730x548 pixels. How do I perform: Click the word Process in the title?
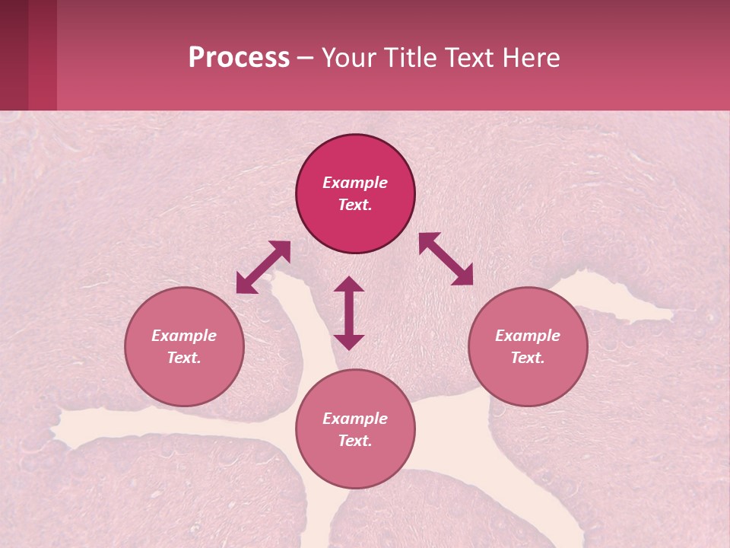pyautogui.click(x=239, y=58)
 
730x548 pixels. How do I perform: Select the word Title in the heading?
pyautogui.click(x=411, y=58)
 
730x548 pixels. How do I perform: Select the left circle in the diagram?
pyautogui.click(x=184, y=346)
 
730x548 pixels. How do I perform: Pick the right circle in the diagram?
pyautogui.click(x=528, y=346)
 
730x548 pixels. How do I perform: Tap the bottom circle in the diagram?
pyautogui.click(x=355, y=429)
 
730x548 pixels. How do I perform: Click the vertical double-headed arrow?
pyautogui.click(x=349, y=313)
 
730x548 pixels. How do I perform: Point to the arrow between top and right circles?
pyautogui.click(x=446, y=259)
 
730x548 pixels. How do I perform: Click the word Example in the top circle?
pyautogui.click(x=355, y=183)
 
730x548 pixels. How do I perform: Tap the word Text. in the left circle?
pyautogui.click(x=184, y=358)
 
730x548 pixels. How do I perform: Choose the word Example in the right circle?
pyautogui.click(x=528, y=336)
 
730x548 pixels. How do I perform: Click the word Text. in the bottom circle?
pyautogui.click(x=355, y=441)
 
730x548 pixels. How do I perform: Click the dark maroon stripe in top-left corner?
pyautogui.click(x=14, y=55)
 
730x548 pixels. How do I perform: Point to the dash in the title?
pyautogui.click(x=306, y=58)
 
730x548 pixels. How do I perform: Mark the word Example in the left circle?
pyautogui.click(x=184, y=336)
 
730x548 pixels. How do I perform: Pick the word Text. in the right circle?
pyautogui.click(x=528, y=358)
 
